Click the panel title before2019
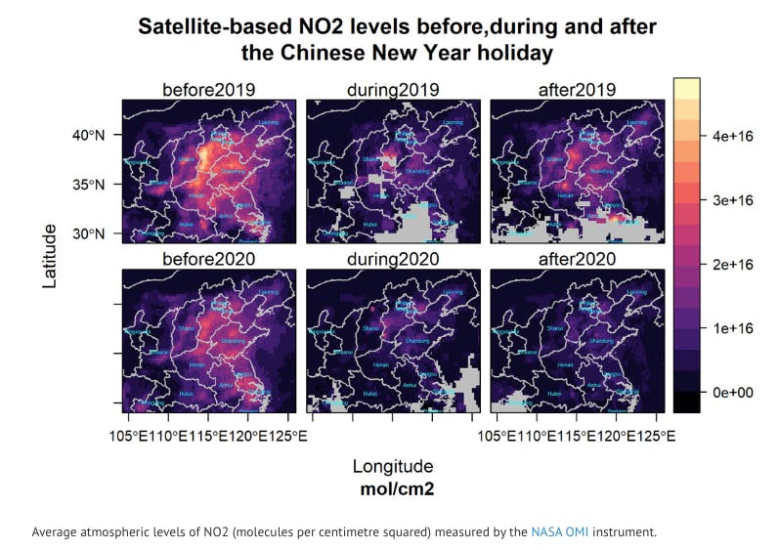(208, 90)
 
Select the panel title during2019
(392, 90)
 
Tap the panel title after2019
(577, 90)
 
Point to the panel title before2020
(208, 259)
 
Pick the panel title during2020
(392, 259)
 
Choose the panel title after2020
(577, 259)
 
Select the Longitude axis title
(392, 466)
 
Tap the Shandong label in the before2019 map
(233, 172)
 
